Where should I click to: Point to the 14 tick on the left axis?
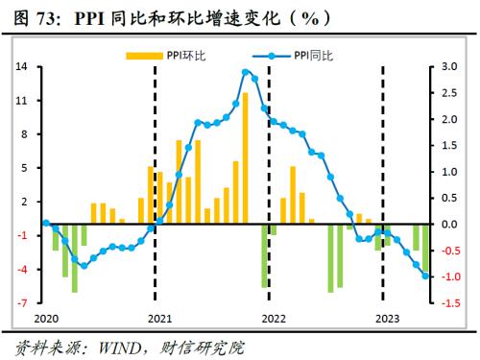pos(20,67)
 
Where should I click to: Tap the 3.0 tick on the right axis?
pos(448,67)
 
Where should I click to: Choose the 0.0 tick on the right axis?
pos(448,225)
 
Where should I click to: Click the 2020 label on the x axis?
pos(46,318)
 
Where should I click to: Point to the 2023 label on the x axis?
pos(386,318)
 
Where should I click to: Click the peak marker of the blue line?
pos(246,72)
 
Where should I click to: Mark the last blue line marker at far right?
pos(426,276)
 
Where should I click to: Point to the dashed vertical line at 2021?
pos(156,144)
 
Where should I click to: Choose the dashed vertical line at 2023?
pos(384,144)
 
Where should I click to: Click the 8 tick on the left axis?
pos(23,134)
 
